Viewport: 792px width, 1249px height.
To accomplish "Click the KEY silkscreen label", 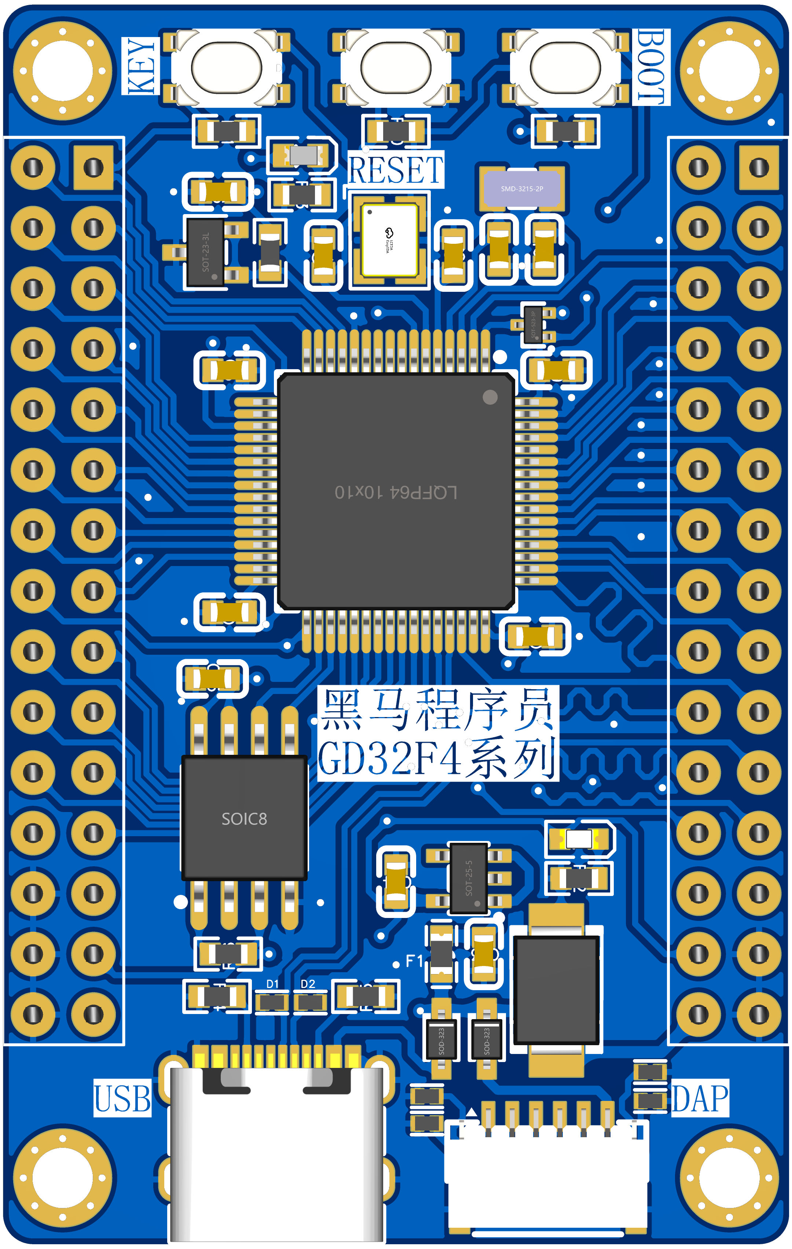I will coord(140,66).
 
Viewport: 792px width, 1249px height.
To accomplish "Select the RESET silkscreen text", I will coord(395,170).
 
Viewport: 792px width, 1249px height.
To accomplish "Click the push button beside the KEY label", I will coord(226,67).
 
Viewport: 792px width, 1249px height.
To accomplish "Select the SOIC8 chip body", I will coord(244,818).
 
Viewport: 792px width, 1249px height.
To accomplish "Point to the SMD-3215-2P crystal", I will coord(522,189).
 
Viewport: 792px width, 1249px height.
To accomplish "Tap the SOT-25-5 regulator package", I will coord(469,878).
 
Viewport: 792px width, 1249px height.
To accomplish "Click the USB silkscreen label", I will coord(122,1098).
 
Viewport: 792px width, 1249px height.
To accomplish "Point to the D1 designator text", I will coord(272,984).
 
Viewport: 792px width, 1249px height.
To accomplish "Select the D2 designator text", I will coord(308,984).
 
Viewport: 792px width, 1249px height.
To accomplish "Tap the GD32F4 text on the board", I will coord(389,758).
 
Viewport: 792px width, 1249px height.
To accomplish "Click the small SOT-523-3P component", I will coord(533,324).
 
